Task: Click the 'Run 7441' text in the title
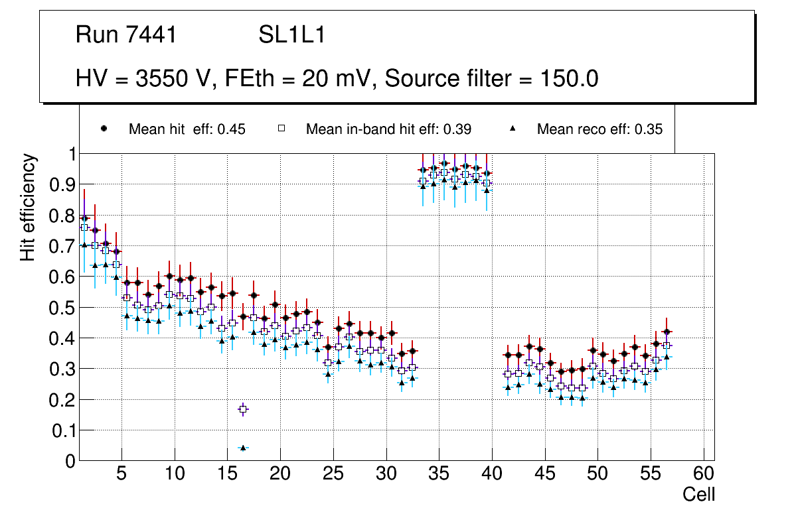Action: point(126,35)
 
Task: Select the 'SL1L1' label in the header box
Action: point(292,35)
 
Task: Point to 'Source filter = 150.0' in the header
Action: point(492,79)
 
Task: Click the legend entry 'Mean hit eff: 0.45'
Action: point(187,129)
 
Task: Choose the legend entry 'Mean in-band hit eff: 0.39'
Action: point(388,129)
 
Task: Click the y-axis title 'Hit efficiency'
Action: point(29,208)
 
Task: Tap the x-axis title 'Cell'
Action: point(699,494)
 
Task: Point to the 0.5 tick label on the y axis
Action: point(62,308)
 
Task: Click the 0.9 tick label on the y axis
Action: point(62,184)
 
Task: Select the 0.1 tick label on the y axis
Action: point(62,430)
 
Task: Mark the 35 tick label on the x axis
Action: point(439,475)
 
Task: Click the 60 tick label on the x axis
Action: point(704,475)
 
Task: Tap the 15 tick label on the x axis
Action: point(227,475)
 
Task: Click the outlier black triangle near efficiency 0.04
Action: point(243,448)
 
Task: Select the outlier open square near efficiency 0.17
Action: point(243,409)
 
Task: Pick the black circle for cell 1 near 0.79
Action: point(84,218)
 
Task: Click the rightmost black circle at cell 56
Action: point(667,332)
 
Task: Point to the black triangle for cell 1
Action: point(84,245)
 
